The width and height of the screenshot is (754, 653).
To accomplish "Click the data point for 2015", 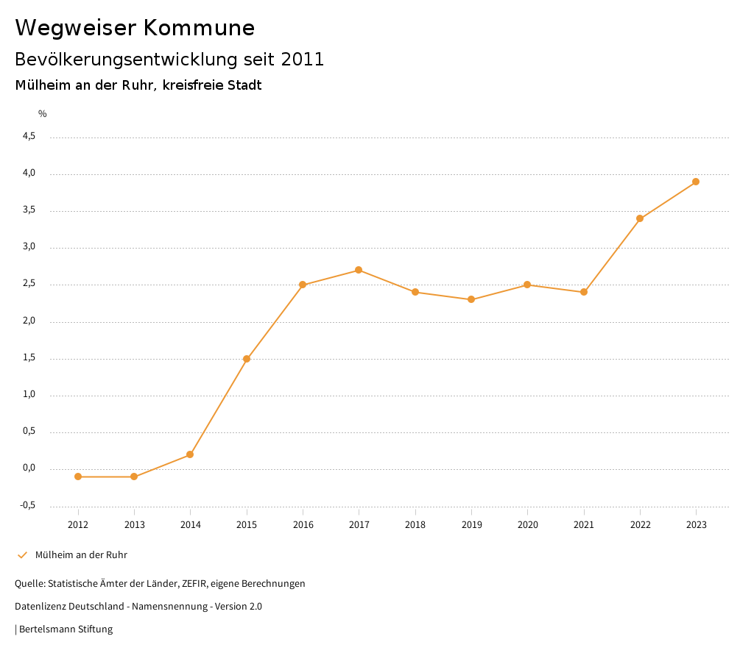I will [x=247, y=359].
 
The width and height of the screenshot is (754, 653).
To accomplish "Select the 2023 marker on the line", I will [x=696, y=182].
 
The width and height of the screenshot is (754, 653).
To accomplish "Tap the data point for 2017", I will [x=359, y=270].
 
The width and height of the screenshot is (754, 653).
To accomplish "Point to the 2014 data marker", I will [x=190, y=454].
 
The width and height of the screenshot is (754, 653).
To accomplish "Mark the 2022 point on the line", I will [x=640, y=218].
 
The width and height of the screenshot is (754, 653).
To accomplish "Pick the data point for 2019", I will [x=471, y=299].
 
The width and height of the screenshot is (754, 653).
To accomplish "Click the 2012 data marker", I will [x=78, y=477].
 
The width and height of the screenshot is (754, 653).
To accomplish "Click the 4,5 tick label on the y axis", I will [x=29, y=137].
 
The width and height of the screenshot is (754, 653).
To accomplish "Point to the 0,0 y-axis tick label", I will [x=29, y=468].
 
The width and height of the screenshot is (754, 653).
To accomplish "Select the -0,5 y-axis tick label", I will [x=28, y=505].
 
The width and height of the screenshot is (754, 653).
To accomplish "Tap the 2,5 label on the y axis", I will [x=29, y=285].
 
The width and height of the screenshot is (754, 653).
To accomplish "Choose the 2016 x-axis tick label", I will [x=303, y=524].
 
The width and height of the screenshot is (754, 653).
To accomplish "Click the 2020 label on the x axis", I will [x=527, y=524].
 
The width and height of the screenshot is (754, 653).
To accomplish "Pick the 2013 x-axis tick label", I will [x=134, y=524].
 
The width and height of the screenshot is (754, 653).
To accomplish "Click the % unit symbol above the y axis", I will [x=43, y=114].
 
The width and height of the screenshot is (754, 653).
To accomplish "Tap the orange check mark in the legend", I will [x=22, y=555].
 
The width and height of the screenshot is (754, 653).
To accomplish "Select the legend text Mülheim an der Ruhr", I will [x=81, y=555].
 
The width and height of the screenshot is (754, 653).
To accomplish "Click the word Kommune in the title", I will [x=199, y=28].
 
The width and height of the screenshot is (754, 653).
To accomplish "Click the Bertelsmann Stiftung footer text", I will [x=66, y=629].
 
